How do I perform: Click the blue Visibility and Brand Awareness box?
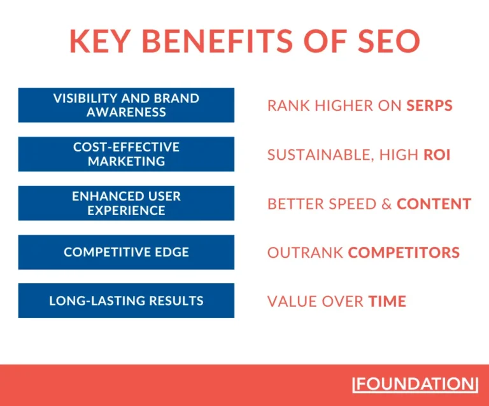pyautogui.click(x=126, y=105)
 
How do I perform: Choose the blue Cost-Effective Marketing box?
pyautogui.click(x=126, y=154)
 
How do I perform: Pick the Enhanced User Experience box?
pyautogui.click(x=126, y=203)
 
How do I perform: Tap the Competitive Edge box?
pyautogui.click(x=126, y=252)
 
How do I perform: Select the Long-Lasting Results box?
pyautogui.click(x=126, y=300)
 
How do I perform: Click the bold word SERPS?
pyautogui.click(x=430, y=106)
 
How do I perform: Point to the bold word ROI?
pyautogui.click(x=437, y=155)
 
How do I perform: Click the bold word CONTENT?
pyautogui.click(x=434, y=204)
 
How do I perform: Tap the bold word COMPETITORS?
pyautogui.click(x=404, y=253)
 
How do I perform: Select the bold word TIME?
pyautogui.click(x=387, y=301)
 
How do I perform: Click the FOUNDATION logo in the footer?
pyautogui.click(x=415, y=384)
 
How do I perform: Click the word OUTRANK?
pyautogui.click(x=305, y=253)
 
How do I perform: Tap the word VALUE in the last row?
pyautogui.click(x=288, y=301)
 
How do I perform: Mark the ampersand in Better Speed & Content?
pyautogui.click(x=386, y=204)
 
